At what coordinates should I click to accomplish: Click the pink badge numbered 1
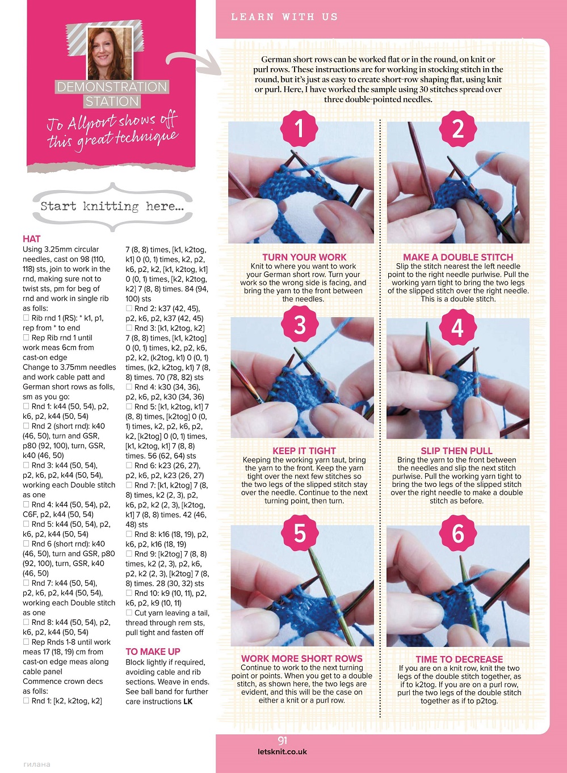coord(299,129)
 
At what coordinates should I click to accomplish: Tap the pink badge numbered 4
coord(457,327)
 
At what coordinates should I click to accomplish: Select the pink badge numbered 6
coord(457,533)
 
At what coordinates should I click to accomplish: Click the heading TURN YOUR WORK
coord(304,257)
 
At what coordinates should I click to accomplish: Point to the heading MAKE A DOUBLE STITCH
coord(458,257)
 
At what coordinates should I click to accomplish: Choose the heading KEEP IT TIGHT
coord(304,451)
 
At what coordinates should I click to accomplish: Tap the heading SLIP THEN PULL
coord(456,451)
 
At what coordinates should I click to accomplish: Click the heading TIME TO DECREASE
coord(459,659)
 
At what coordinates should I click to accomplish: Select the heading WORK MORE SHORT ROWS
coord(301,658)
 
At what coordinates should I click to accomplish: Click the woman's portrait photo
coord(110,53)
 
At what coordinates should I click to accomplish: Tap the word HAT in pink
coord(31,239)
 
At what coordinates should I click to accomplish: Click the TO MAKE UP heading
coord(153,651)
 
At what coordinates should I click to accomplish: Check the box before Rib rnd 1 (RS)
coord(26,317)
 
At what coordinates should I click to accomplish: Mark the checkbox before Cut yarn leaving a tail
coord(129,612)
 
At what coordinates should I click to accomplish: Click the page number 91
coord(283,740)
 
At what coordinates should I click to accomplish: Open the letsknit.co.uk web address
coord(282,751)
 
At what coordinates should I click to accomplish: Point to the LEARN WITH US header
coord(284,17)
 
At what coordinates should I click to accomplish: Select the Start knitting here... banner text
coord(112,207)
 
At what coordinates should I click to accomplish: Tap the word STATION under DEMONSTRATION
coord(112,102)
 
